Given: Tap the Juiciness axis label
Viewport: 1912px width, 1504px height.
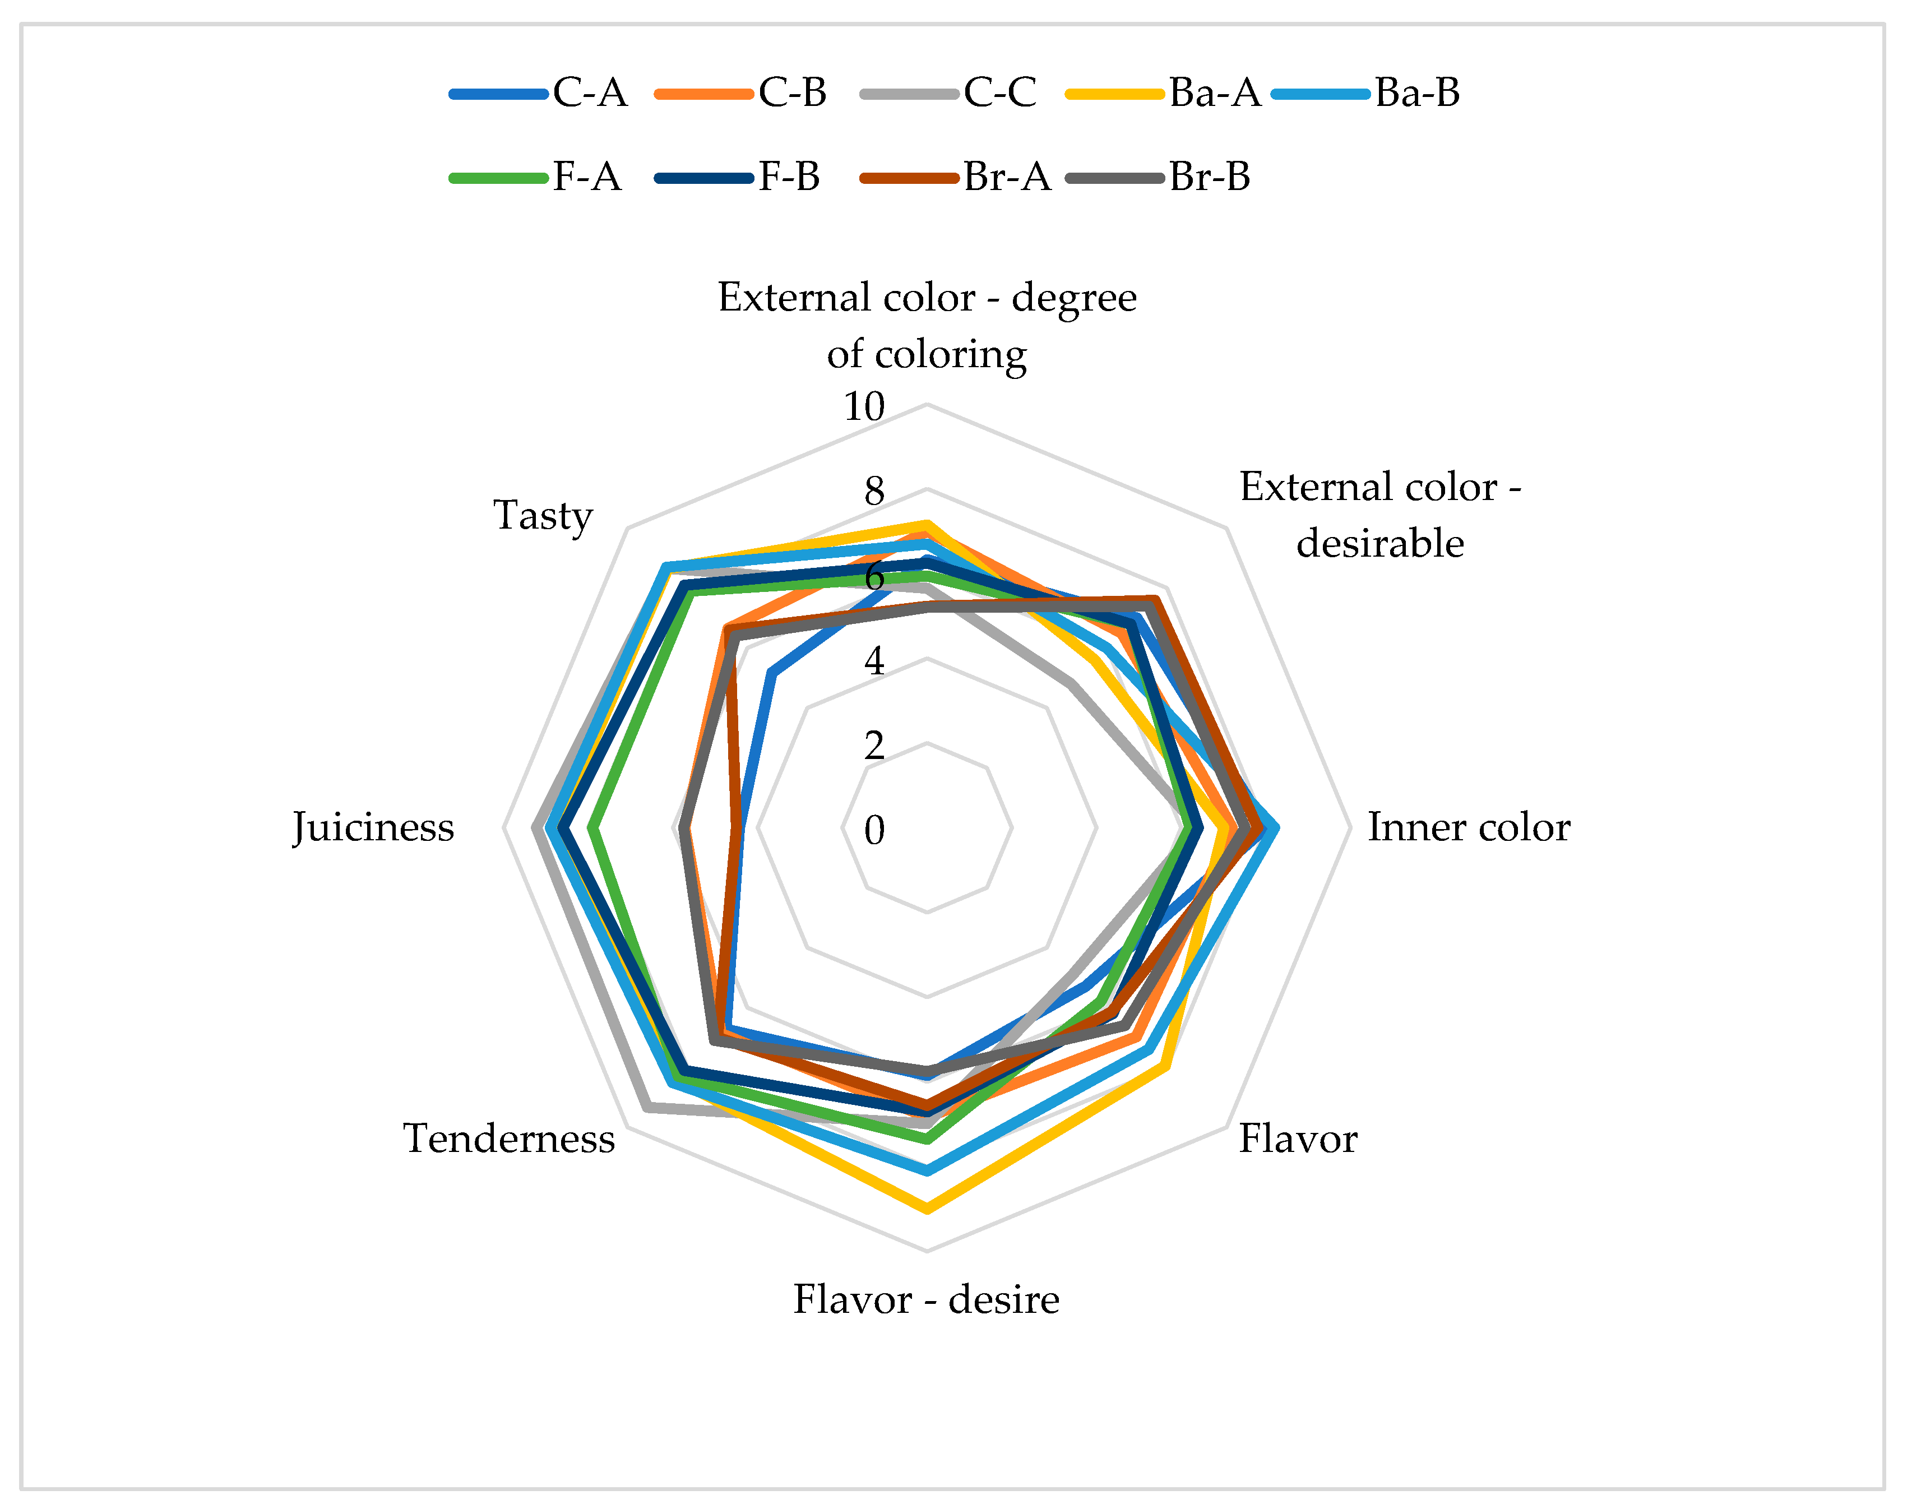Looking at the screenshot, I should tap(373, 828).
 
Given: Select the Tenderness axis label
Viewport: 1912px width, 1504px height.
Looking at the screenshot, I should tap(509, 1139).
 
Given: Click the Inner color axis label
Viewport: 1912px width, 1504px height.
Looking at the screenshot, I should tap(1468, 828).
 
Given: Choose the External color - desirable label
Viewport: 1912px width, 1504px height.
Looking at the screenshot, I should tap(1380, 515).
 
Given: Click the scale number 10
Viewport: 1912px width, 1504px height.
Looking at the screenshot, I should tap(864, 407).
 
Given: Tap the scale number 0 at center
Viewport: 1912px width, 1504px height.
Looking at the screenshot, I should tap(874, 830).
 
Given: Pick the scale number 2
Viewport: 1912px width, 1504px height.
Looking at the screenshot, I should tap(874, 746).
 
